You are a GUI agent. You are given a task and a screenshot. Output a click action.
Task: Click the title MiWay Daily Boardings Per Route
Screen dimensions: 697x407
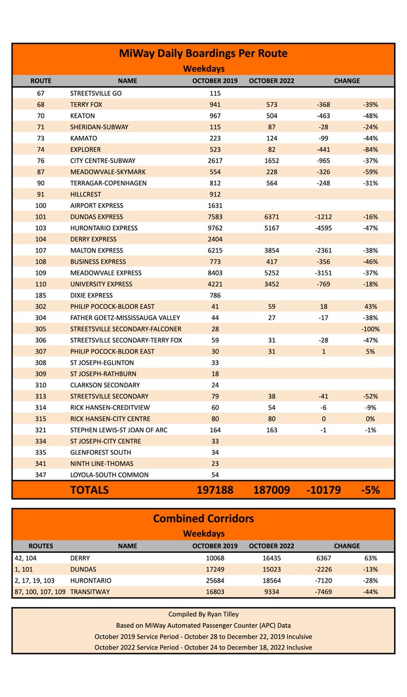click(203, 54)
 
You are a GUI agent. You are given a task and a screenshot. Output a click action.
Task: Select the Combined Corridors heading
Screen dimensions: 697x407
click(203, 518)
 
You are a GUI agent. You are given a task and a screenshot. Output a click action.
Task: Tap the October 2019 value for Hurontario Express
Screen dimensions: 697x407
click(215, 228)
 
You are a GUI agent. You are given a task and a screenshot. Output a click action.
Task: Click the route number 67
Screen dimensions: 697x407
click(41, 93)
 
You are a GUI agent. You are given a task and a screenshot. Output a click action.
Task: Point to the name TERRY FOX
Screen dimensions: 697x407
click(87, 105)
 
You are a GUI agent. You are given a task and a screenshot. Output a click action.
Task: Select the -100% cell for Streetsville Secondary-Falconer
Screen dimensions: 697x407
click(367, 329)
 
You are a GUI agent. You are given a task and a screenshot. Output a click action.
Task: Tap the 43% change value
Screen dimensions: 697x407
click(370, 306)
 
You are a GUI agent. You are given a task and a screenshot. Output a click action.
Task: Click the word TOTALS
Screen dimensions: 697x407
click(90, 490)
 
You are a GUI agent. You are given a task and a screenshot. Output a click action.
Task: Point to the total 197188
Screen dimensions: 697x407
click(215, 490)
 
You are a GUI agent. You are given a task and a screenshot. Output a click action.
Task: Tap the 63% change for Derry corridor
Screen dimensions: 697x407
click(370, 558)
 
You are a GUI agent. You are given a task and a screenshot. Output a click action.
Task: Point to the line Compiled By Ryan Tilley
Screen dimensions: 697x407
click(203, 614)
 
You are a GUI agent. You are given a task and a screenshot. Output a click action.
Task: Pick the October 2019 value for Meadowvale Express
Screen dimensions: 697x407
click(215, 273)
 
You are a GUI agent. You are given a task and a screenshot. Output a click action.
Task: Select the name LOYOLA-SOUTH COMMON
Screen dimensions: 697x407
click(109, 475)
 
